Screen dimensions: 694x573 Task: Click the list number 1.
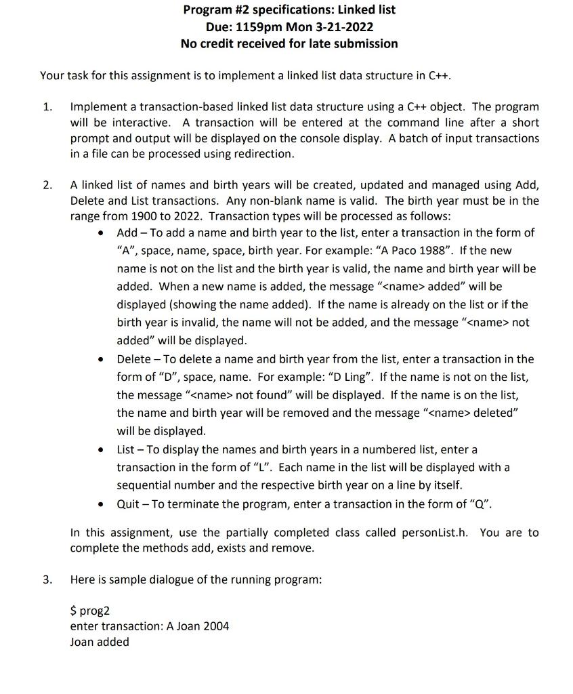[46, 107]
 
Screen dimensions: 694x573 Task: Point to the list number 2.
[46, 185]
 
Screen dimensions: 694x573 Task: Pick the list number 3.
[46, 579]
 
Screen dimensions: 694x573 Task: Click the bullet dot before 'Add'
[101, 233]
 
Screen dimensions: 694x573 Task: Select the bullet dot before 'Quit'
[101, 504]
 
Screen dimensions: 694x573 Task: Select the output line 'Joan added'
[100, 642]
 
